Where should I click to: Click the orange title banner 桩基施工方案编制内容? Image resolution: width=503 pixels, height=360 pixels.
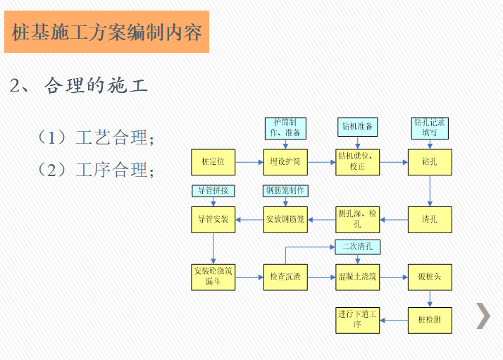click(107, 32)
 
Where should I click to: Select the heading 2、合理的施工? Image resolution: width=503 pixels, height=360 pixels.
click(79, 87)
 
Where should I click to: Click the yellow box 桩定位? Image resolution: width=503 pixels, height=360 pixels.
click(213, 162)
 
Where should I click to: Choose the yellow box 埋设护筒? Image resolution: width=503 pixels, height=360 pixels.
click(285, 162)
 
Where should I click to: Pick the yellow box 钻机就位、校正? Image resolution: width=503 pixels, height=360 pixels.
click(357, 162)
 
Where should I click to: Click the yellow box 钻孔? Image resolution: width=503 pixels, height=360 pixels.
click(430, 162)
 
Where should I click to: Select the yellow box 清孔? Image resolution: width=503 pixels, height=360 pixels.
click(430, 220)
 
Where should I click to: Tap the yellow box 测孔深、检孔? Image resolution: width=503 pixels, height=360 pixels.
click(357, 220)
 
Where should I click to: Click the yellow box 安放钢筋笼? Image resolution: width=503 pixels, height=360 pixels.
click(285, 220)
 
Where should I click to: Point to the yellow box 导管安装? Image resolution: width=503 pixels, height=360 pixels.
click(213, 220)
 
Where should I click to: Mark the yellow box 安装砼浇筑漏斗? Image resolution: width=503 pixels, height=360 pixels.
click(213, 277)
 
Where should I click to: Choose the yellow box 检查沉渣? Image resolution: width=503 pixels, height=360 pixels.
click(285, 277)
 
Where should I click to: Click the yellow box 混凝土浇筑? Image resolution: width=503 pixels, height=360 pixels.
click(357, 277)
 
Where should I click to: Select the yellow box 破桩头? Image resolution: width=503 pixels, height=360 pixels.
click(430, 277)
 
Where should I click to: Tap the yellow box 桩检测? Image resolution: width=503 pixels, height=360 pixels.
click(430, 320)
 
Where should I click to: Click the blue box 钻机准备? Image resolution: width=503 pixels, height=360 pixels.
click(357, 127)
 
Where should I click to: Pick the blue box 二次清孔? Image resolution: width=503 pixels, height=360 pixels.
click(357, 247)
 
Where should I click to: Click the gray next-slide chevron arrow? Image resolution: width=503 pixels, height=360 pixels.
click(483, 316)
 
